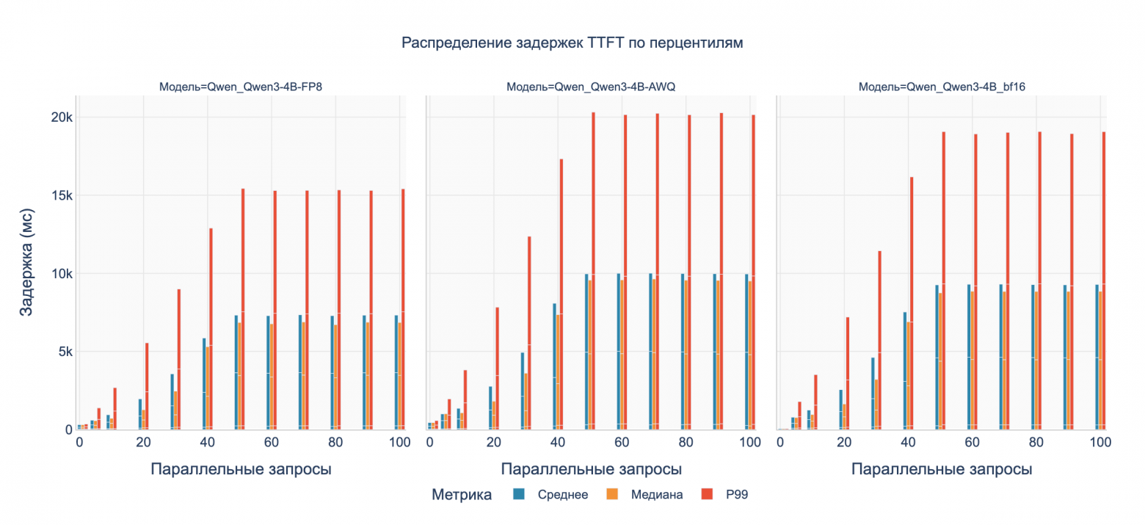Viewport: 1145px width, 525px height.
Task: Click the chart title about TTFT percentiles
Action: click(x=572, y=43)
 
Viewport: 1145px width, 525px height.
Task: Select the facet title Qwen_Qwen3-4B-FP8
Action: click(x=241, y=87)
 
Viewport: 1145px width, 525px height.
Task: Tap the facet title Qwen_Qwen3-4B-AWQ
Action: click(x=591, y=87)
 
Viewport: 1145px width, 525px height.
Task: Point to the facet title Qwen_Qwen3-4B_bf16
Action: click(x=942, y=87)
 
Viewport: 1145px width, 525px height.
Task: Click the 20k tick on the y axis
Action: click(x=57, y=117)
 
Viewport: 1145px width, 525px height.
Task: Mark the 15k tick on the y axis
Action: click(x=57, y=195)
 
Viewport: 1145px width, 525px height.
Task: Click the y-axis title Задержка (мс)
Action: click(x=26, y=273)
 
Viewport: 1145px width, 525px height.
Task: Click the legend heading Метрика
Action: click(x=462, y=495)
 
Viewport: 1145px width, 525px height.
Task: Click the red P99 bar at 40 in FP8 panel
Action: click(x=211, y=330)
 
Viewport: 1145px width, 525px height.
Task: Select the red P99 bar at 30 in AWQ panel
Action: click(x=530, y=334)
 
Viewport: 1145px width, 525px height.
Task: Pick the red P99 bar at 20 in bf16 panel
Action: click(x=848, y=374)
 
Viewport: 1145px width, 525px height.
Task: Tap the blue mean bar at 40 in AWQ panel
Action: click(x=555, y=367)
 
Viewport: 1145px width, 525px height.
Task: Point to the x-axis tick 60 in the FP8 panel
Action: click(x=271, y=443)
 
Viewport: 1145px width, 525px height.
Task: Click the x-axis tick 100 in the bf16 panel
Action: click(x=1100, y=443)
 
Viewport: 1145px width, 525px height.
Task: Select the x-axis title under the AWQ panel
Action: click(x=592, y=469)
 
